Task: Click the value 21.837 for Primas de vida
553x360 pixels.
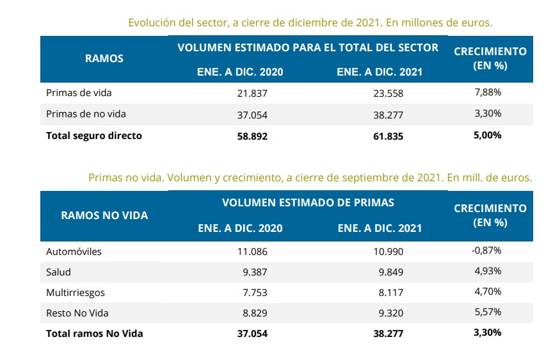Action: pos(252,93)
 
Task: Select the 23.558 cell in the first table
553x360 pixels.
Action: pos(389,93)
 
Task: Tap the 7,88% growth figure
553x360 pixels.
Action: pos(488,93)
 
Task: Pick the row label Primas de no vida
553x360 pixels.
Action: pos(86,114)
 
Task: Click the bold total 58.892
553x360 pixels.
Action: pos(252,136)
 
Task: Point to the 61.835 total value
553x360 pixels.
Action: pos(389,136)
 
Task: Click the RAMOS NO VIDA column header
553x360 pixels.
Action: pos(104,215)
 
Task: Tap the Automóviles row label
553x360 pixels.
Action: pos(74,252)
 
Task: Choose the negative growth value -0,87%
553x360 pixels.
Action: pos(487,250)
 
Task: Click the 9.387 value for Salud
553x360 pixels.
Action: pos(254,272)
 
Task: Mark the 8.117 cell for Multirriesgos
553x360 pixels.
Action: pos(390,293)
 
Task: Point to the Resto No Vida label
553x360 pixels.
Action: pos(76,313)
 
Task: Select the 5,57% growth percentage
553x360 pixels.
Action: pos(488,312)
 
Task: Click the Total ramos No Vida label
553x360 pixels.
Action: pos(95,333)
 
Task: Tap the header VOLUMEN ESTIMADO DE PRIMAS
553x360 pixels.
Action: pos(308,202)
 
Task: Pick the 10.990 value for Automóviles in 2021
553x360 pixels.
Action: pos(389,252)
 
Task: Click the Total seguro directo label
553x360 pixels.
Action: pos(94,136)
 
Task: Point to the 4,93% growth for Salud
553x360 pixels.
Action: pos(488,271)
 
